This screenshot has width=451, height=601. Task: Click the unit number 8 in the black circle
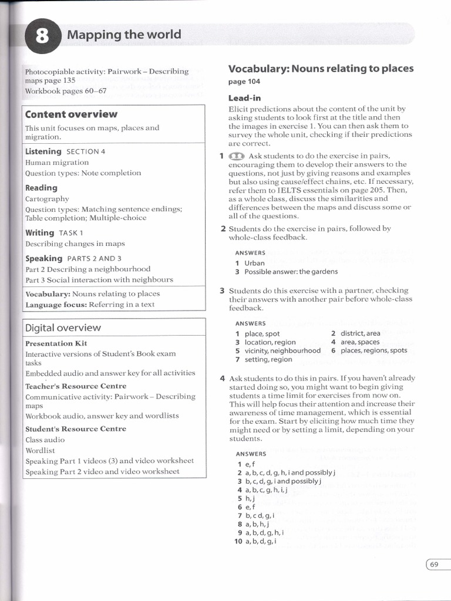[43, 37]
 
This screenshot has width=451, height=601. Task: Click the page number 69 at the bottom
[435, 565]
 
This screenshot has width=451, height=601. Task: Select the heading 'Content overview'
[71, 114]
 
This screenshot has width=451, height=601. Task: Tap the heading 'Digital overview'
[63, 327]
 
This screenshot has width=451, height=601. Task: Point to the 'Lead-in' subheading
[244, 98]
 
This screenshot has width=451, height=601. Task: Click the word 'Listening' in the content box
[43, 151]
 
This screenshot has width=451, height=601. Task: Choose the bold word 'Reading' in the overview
[41, 188]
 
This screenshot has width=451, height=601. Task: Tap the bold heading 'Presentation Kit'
[56, 343]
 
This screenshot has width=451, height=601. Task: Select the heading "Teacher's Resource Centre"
[76, 386]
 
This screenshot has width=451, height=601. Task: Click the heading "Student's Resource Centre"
[76, 429]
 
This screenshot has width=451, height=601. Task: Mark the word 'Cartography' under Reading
[47, 199]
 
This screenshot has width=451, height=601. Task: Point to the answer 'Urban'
[255, 263]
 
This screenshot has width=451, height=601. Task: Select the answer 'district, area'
[361, 333]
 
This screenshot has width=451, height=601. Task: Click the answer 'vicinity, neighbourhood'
[282, 350]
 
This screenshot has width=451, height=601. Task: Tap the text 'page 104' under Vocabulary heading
[244, 82]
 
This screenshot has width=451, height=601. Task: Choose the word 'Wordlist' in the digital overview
[40, 450]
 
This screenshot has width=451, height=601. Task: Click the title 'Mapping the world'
[124, 34]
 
